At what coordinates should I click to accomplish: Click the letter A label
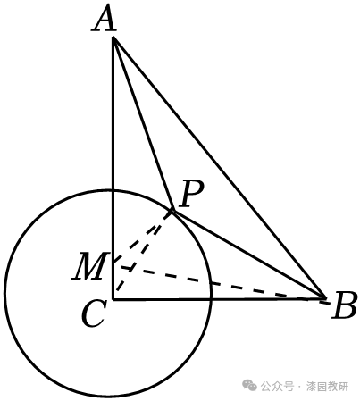tap(104, 19)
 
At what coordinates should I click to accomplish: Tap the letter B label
tap(344, 305)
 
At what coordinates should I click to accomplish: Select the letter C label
tap(94, 313)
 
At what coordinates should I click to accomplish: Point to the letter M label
tap(88, 266)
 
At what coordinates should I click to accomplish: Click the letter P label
tap(191, 194)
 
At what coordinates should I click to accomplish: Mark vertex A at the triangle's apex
tap(113, 38)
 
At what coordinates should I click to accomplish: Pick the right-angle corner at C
tap(113, 299)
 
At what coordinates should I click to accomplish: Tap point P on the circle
tap(172, 211)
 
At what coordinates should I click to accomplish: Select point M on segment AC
tap(113, 262)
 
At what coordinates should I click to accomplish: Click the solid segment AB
tap(219, 167)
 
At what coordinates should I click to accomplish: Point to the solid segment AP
tap(143, 124)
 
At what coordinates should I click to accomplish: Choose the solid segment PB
tap(248, 254)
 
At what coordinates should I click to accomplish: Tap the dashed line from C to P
tap(143, 255)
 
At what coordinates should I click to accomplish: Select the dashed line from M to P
tap(143, 236)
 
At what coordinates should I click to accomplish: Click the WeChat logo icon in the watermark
tap(249, 386)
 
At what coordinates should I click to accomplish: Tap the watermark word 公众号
tap(277, 387)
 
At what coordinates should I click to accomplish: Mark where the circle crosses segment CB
tap(211, 299)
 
